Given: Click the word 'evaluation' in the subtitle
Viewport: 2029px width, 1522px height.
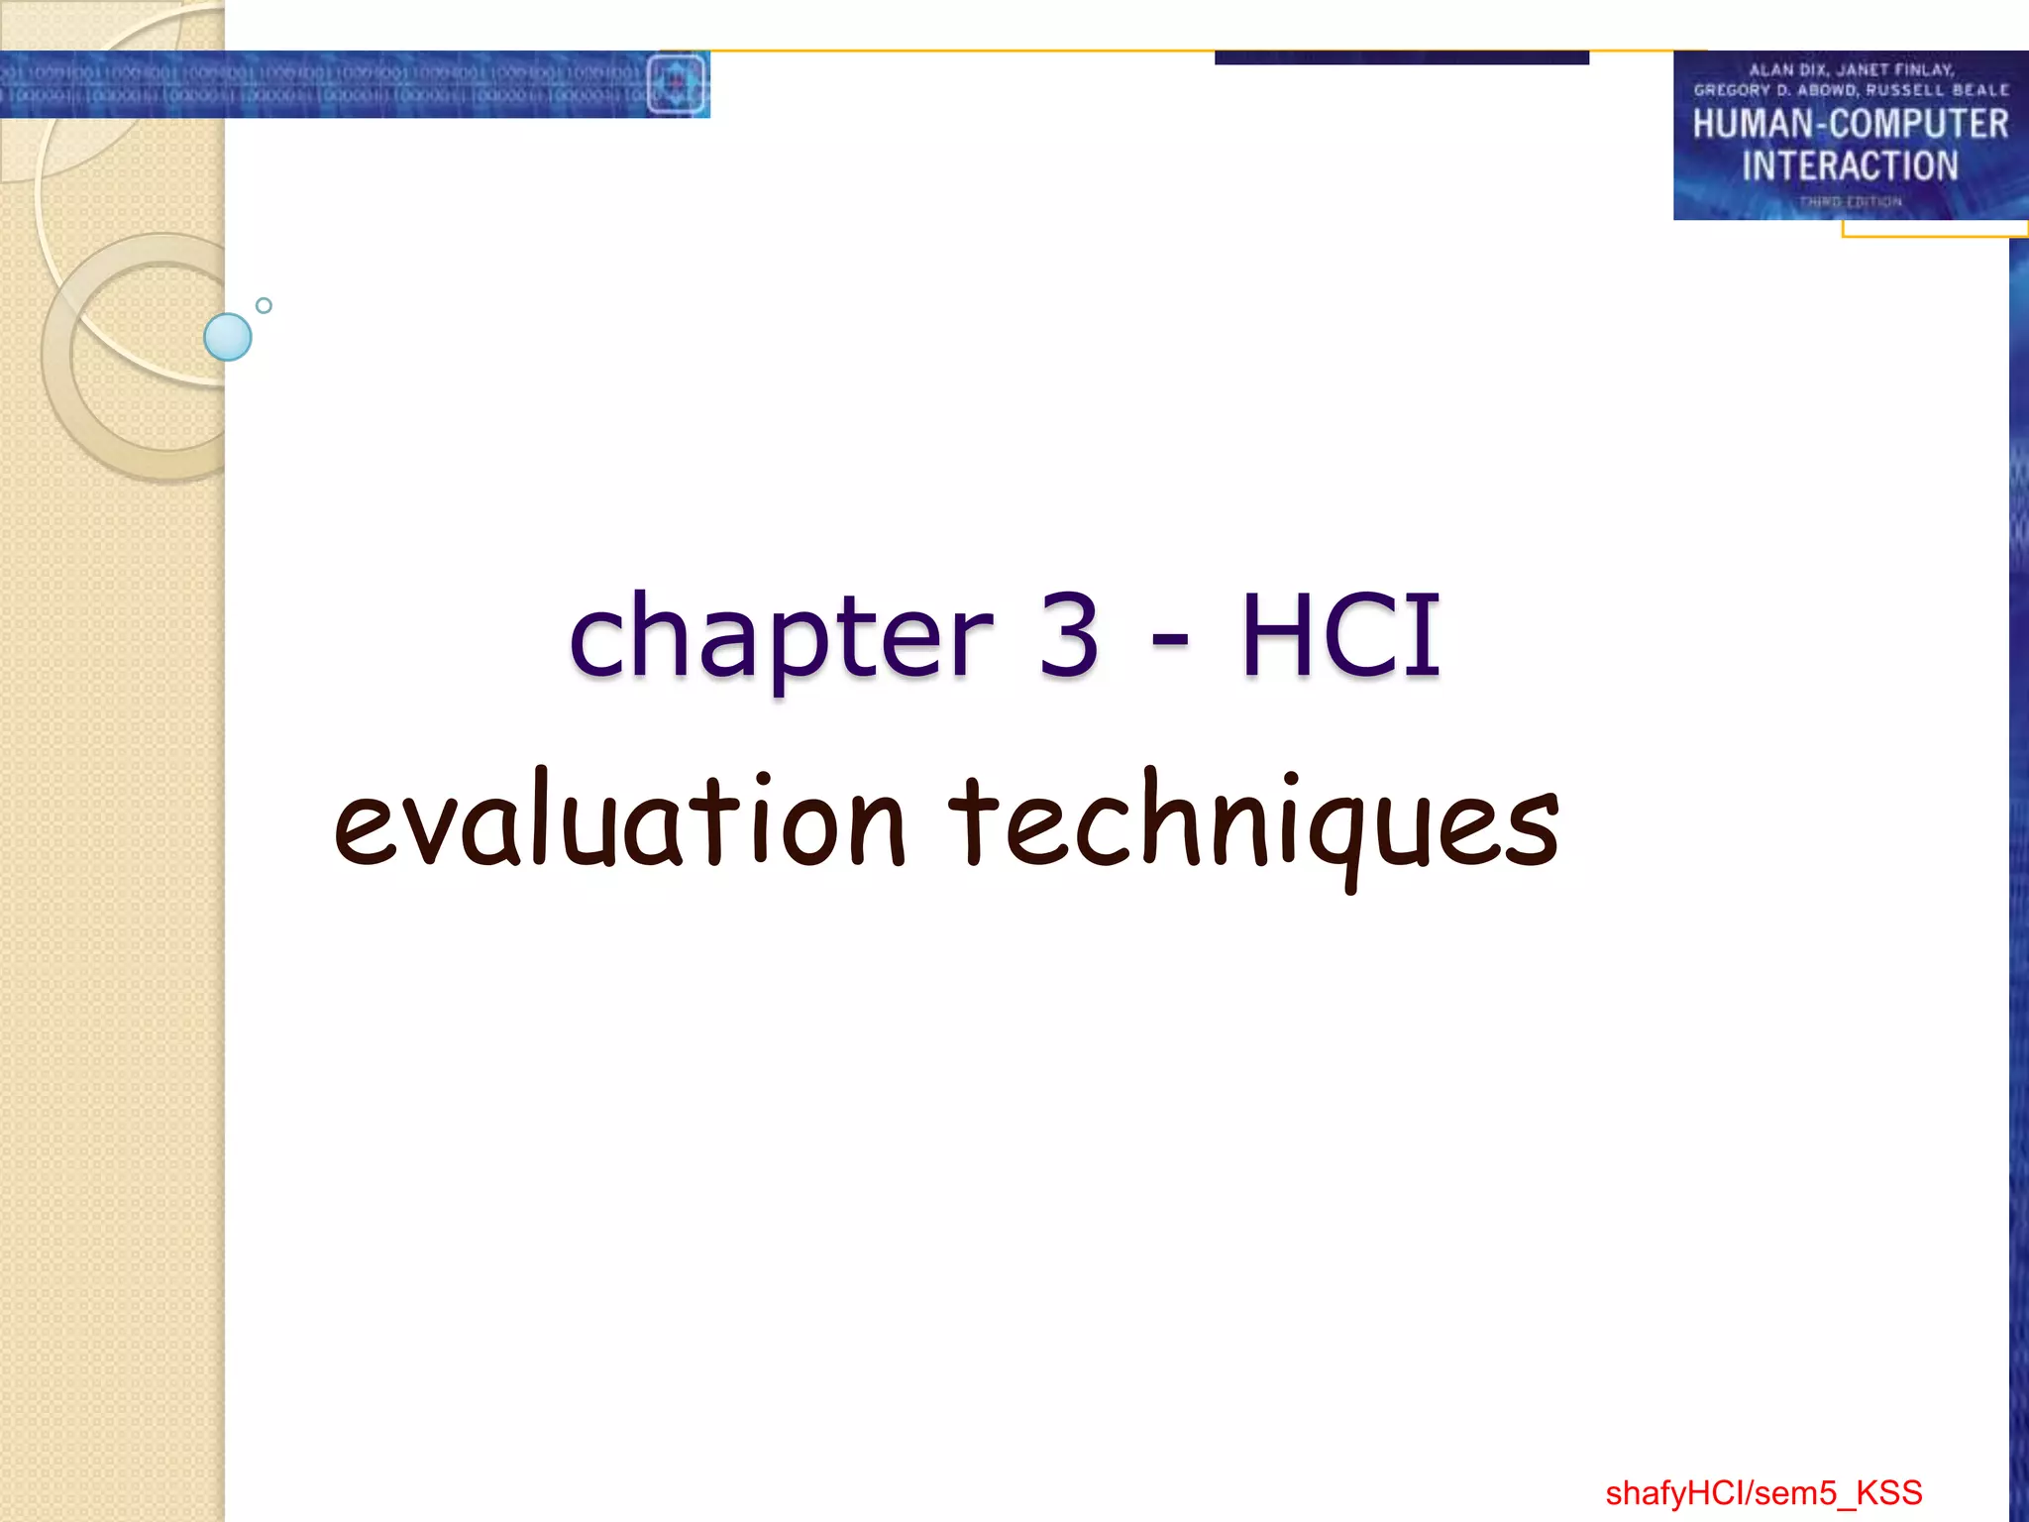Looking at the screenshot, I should pos(619,822).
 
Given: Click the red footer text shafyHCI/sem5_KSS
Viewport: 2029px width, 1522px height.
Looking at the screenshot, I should pos(1763,1492).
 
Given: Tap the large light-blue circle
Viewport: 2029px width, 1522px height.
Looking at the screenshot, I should pos(228,337).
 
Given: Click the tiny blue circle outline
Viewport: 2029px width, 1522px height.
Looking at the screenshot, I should pos(264,305).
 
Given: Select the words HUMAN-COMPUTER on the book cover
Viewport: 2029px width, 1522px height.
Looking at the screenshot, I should pos(1850,125).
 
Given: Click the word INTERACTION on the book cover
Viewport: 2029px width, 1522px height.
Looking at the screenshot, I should pos(1850,165).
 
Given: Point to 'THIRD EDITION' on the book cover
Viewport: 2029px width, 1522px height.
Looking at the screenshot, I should pos(1850,201).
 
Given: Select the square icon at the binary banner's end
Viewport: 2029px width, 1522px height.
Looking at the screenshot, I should pos(678,84).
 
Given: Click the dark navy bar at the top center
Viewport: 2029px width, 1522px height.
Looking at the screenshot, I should pos(1401,57).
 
